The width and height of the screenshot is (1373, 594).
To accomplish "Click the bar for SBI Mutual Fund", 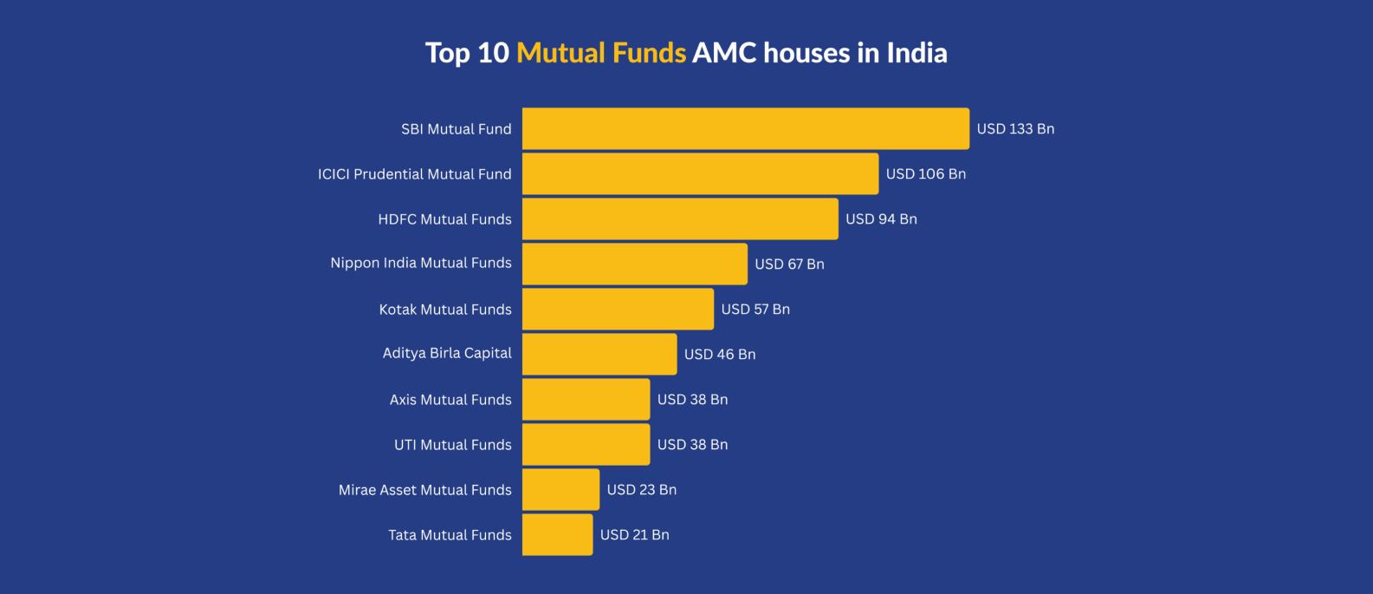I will pos(745,128).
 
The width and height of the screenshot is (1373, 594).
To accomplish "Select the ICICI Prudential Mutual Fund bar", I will pos(700,173).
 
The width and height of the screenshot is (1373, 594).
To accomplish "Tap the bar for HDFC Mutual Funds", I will pos(680,219).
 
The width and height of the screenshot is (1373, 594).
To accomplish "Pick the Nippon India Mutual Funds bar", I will pos(634,264).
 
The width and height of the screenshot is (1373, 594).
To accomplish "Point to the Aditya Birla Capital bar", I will pos(599,354).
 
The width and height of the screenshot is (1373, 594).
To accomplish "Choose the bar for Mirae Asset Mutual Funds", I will pos(560,489).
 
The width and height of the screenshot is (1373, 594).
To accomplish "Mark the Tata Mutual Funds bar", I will pos(557,534).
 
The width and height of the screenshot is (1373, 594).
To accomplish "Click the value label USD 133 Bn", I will pos(1015,128).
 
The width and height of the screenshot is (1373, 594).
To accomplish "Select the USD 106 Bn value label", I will pos(925,173).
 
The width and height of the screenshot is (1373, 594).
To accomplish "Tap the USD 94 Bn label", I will pos(881,219).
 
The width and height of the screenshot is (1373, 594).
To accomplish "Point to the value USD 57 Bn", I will pos(755,309).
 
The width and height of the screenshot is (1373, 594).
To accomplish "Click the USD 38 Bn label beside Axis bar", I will pos(692,399).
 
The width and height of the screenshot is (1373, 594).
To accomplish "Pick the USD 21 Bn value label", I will pos(634,534).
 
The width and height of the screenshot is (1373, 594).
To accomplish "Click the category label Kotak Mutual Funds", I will pos(445,310).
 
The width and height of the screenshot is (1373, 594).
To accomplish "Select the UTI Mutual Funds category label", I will pos(452,445).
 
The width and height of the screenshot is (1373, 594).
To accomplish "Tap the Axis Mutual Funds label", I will pos(450,400).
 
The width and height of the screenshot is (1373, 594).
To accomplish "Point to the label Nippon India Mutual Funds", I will pos(421,263).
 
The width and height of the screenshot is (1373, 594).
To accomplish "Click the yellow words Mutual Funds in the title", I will pos(601,53).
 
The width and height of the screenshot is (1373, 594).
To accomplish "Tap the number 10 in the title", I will pos(493,53).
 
